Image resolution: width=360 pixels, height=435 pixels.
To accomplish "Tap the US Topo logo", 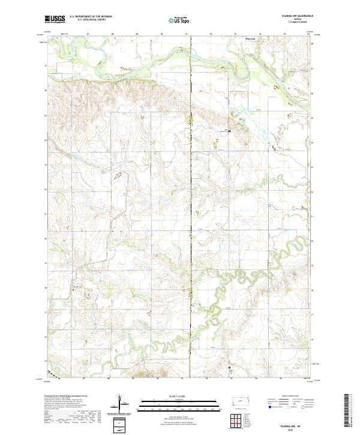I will (x=179, y=20).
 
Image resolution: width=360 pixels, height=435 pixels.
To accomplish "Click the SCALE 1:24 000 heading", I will (x=179, y=397).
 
